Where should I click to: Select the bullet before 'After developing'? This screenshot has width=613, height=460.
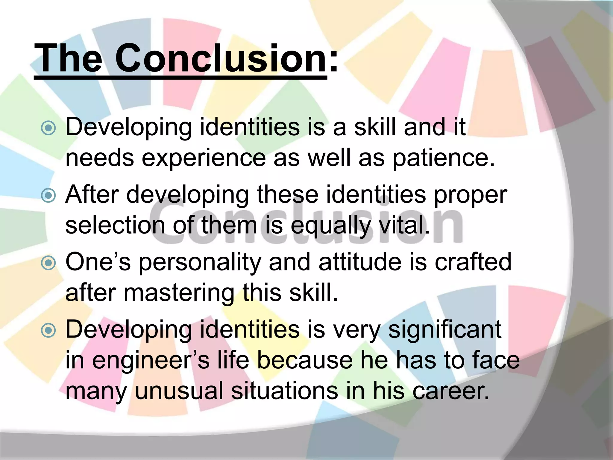48,196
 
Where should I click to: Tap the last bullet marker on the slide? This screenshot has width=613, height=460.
48,331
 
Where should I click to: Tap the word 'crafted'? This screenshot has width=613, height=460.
473,262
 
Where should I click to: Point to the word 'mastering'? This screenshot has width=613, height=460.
179,293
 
